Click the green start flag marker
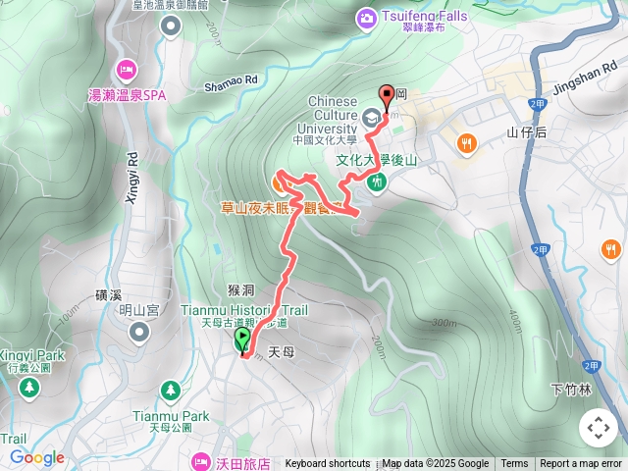click(242, 340)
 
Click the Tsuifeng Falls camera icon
click(366, 18)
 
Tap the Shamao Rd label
click(231, 82)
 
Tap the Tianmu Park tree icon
click(172, 390)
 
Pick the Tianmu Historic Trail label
click(245, 310)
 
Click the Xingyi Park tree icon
click(29, 387)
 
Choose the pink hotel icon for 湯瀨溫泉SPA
click(127, 69)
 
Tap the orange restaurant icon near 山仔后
click(467, 143)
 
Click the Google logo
click(36, 457)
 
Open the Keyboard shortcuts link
click(327, 464)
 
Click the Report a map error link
click(581, 464)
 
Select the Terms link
click(514, 464)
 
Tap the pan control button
click(598, 428)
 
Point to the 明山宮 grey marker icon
click(138, 332)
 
